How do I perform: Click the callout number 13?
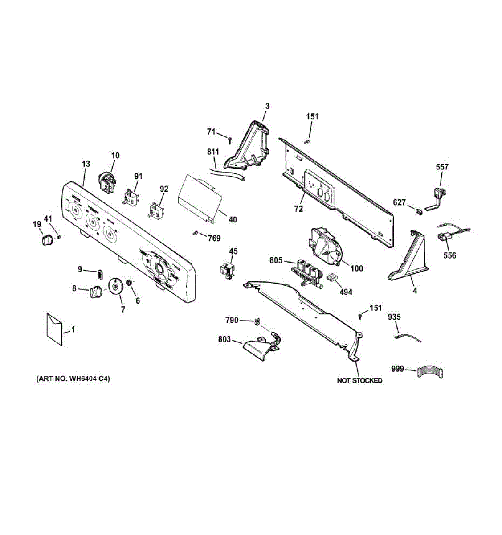tap(86, 164)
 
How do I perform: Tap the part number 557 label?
tap(442, 167)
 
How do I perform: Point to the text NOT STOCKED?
tap(359, 380)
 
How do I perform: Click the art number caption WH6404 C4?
tap(73, 379)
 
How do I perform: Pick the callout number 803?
tap(224, 340)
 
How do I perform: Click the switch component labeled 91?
tap(131, 196)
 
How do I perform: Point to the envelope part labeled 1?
tap(54, 329)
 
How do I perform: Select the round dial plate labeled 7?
tap(116, 286)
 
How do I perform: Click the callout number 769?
tap(214, 238)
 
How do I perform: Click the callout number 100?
tap(356, 268)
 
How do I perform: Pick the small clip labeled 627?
tap(418, 210)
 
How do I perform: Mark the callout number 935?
tap(394, 317)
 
